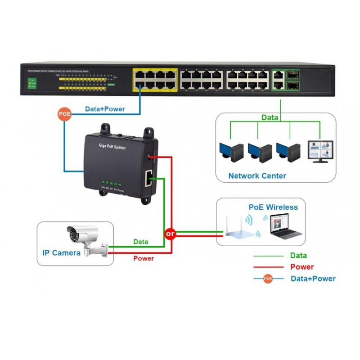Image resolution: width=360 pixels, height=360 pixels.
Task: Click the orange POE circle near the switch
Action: (64, 114)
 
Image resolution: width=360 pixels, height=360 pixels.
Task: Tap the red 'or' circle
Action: (170, 234)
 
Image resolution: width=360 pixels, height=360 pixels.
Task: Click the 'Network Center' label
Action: (257, 175)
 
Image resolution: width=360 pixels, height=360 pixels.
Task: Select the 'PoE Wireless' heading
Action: (273, 207)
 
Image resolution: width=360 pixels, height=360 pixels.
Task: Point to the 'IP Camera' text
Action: (61, 252)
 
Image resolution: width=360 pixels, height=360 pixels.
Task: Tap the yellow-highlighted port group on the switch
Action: (154, 80)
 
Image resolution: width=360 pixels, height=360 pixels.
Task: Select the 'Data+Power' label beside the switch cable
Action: (105, 109)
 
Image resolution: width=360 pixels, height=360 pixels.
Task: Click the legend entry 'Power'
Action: (302, 267)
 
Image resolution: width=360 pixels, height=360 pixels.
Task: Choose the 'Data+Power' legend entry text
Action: (313, 279)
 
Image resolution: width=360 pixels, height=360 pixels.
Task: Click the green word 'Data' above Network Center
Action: (270, 117)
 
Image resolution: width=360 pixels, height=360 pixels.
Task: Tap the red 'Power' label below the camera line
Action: (144, 258)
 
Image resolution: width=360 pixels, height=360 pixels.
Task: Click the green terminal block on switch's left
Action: (31, 83)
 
